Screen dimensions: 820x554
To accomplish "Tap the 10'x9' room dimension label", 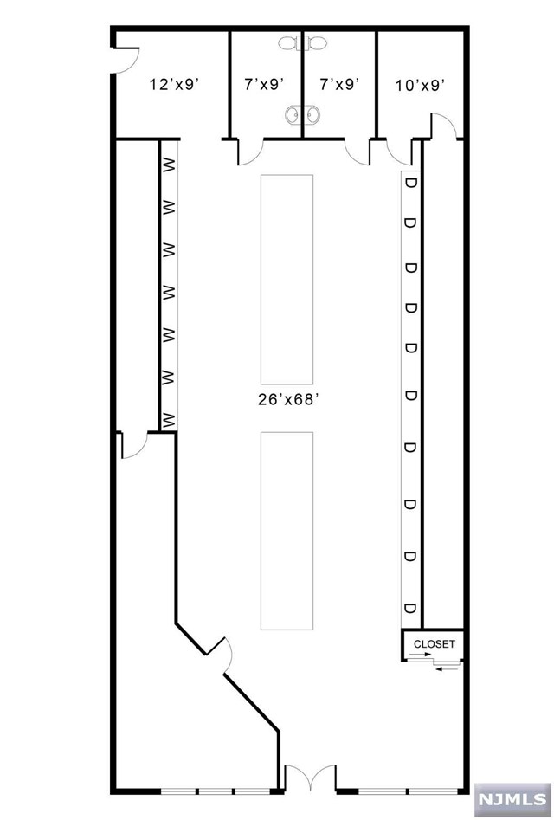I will click(x=421, y=84).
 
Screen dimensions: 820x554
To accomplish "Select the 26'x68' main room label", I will click(x=287, y=400).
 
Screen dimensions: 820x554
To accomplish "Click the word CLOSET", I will click(x=434, y=643).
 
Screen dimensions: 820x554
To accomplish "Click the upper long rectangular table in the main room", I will click(x=287, y=278).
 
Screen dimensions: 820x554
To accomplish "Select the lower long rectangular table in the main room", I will click(x=287, y=530).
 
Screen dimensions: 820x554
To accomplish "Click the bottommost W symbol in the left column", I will click(x=169, y=420).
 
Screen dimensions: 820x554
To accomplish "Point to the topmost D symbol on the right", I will click(x=411, y=183).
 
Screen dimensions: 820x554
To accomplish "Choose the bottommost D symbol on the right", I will click(x=411, y=605).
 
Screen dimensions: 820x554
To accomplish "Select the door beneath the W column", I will click(x=135, y=445).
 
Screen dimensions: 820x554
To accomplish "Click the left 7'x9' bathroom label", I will click(x=265, y=84).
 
